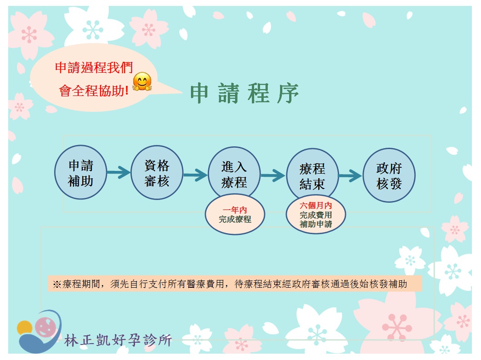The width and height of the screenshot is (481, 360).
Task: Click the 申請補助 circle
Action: pos(80,172)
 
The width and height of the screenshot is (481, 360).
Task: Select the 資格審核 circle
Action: pos(157,172)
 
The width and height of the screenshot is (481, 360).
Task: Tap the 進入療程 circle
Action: pos(234,174)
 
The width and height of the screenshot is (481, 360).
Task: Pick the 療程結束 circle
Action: pos(312,175)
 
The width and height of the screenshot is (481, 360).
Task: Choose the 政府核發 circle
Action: pos(389,175)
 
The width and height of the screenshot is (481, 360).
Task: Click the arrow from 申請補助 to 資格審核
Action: pos(119,172)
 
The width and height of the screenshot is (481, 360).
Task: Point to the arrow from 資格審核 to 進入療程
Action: pos(195,175)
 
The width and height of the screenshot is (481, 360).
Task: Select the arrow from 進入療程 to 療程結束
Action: pos(273,175)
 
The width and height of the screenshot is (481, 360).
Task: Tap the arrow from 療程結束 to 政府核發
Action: pos(351,176)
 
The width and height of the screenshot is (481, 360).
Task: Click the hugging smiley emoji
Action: pos(142,81)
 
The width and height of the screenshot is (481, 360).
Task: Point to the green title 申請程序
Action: pos(245,93)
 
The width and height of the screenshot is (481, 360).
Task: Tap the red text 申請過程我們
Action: pos(94,67)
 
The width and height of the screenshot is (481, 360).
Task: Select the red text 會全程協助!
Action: pos(94,91)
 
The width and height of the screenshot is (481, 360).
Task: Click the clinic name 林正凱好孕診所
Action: pos(118,340)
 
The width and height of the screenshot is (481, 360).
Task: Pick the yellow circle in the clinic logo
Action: pos(24,328)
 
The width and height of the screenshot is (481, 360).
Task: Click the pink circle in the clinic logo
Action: pos(45,327)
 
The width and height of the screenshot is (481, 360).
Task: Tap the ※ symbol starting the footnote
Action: pos(57,284)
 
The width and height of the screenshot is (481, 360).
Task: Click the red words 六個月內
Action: pos(316,205)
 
